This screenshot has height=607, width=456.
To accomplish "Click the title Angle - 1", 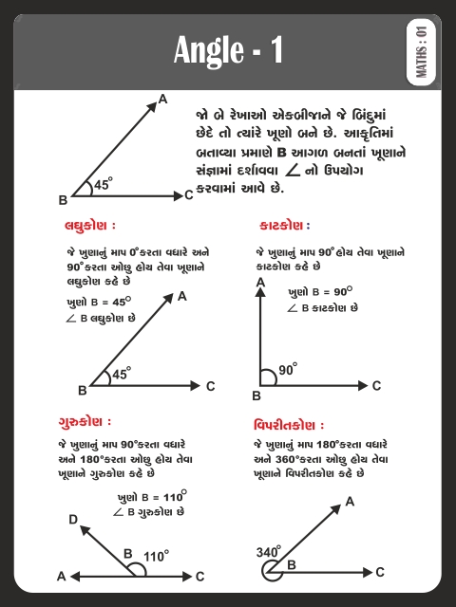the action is pos(228,49).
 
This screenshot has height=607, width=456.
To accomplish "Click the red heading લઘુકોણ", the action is pos(90,227).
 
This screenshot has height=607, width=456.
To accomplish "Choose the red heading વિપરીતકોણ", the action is pos(289,424).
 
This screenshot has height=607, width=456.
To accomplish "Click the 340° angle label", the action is pos(269,551).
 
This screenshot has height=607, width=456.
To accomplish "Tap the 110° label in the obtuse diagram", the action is pos(156,556).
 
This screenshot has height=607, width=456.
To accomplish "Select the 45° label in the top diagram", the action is pos(103,186).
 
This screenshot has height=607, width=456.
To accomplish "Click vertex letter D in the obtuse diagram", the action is pos(73,520).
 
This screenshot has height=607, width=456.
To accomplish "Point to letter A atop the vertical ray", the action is pos(259,283).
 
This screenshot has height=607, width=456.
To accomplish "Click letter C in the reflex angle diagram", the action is pos(380,572).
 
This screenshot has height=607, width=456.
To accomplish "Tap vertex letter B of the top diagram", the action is pos(63,200).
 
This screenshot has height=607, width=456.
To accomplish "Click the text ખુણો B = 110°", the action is pos(152,496).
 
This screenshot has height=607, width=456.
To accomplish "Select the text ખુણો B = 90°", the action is pos(319,292).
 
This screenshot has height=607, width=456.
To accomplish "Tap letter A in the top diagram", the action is pos(162,99).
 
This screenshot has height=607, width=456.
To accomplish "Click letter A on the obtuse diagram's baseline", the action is pos(62,576).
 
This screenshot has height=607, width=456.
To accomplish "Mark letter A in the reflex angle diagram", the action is pos(350,501).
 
